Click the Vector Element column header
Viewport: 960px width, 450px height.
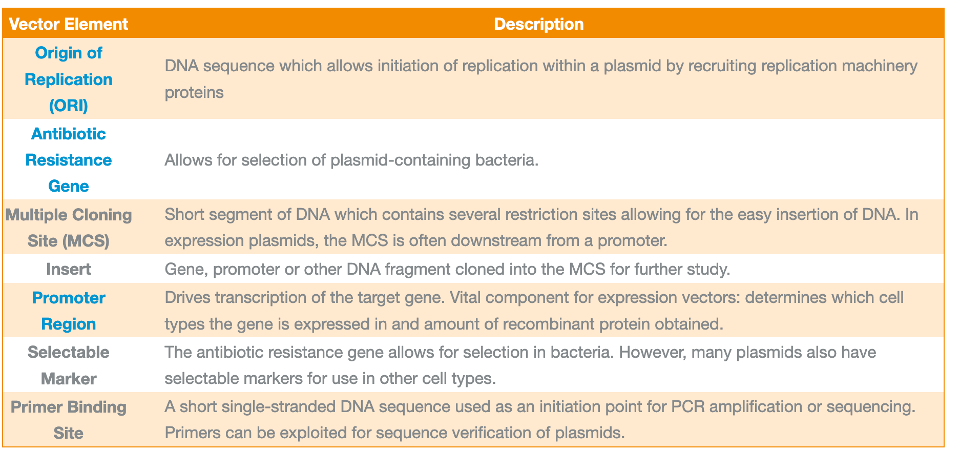coord(69,24)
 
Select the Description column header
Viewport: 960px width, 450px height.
coord(538,24)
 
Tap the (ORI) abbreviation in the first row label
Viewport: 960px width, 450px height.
coord(69,106)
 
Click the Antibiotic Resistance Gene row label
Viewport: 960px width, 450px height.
coord(69,160)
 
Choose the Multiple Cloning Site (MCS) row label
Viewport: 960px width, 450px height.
coord(69,228)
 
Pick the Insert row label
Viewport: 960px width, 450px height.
coord(69,269)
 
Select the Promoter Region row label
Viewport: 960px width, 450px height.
coord(69,311)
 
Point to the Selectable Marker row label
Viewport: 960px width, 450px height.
coord(69,365)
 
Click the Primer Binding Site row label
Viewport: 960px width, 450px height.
coord(69,420)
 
